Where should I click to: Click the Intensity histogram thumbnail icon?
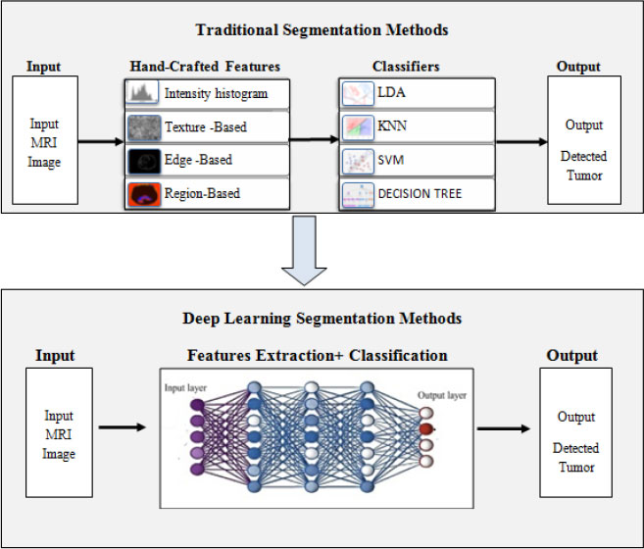pyautogui.click(x=142, y=92)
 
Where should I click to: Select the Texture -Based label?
pyautogui.click(x=206, y=126)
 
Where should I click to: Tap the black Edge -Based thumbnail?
pyautogui.click(x=144, y=161)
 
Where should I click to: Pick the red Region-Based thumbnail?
pyautogui.click(x=144, y=194)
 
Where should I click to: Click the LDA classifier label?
pyautogui.click(x=391, y=92)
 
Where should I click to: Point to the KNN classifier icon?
pyautogui.click(x=358, y=127)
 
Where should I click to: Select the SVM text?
pyautogui.click(x=390, y=160)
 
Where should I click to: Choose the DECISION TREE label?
pyautogui.click(x=420, y=193)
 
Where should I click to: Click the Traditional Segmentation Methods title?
pyautogui.click(x=322, y=29)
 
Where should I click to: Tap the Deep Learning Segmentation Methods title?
pyautogui.click(x=322, y=319)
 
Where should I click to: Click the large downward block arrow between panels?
pyautogui.click(x=304, y=251)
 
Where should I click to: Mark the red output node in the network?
pyautogui.click(x=426, y=429)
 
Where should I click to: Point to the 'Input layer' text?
pyautogui.click(x=185, y=388)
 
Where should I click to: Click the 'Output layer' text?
pyautogui.click(x=442, y=395)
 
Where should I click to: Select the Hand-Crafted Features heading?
pyautogui.click(x=205, y=67)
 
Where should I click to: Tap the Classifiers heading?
pyautogui.click(x=406, y=67)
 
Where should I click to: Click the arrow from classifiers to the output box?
pyautogui.click(x=521, y=142)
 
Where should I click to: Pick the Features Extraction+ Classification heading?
pyautogui.click(x=317, y=356)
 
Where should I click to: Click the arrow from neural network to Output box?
pyautogui.click(x=504, y=428)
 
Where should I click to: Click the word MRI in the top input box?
pyautogui.click(x=44, y=142)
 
